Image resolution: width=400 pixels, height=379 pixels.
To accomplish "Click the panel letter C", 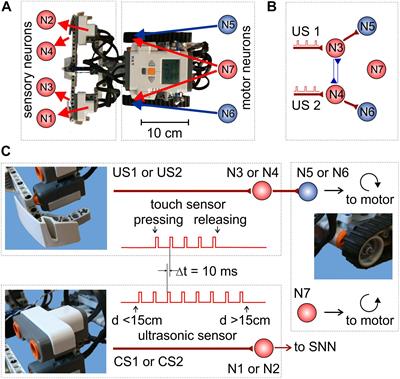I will click(8, 151).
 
